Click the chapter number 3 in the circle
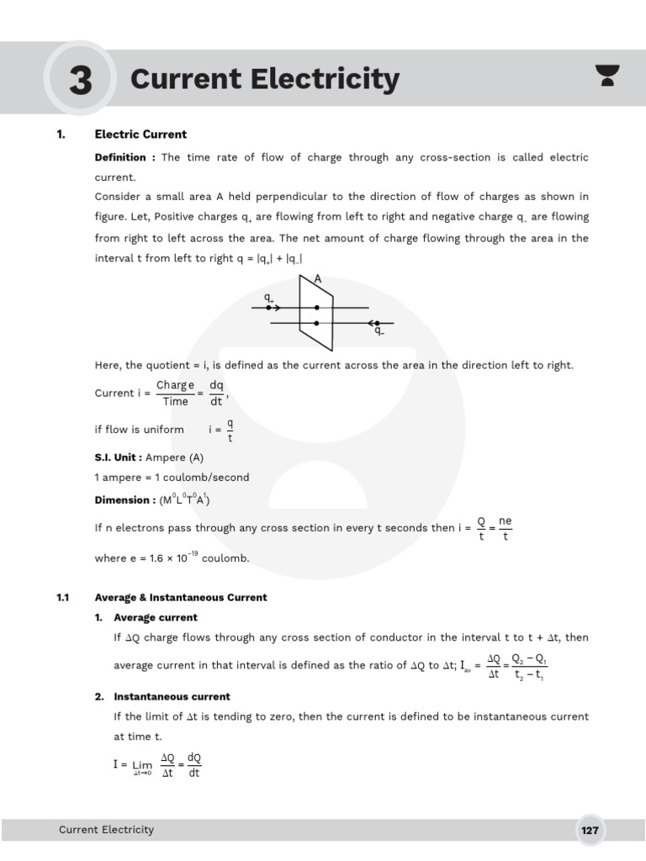tap(80, 81)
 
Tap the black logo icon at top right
tap(606, 76)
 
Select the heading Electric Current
tap(140, 135)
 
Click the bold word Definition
tap(119, 158)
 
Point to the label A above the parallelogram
tap(318, 278)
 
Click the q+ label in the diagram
tap(268, 298)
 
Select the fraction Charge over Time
tap(175, 393)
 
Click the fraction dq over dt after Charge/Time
tap(216, 393)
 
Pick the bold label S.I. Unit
tap(118, 457)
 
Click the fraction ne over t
tap(505, 529)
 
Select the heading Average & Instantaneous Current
tap(181, 598)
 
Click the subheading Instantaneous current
tap(172, 697)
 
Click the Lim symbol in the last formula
tap(142, 766)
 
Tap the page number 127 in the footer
tap(590, 831)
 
